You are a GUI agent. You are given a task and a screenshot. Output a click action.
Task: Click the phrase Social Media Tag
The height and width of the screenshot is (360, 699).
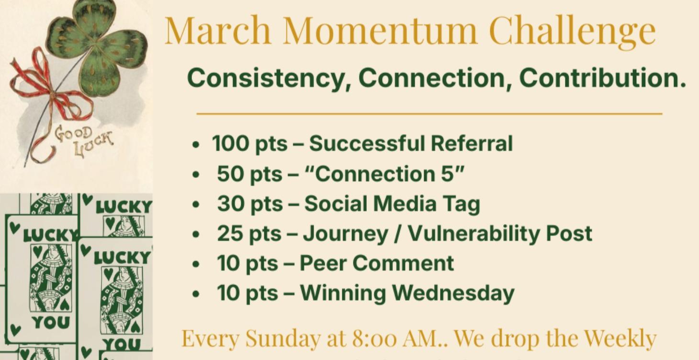tap(392, 204)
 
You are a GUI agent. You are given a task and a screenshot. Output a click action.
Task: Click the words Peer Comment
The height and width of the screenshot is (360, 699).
tap(376, 263)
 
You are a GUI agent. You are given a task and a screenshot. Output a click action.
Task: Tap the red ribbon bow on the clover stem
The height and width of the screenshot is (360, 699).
tap(53, 93)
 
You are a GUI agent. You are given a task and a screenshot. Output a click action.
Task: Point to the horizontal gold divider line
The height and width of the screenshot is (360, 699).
tap(429, 114)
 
